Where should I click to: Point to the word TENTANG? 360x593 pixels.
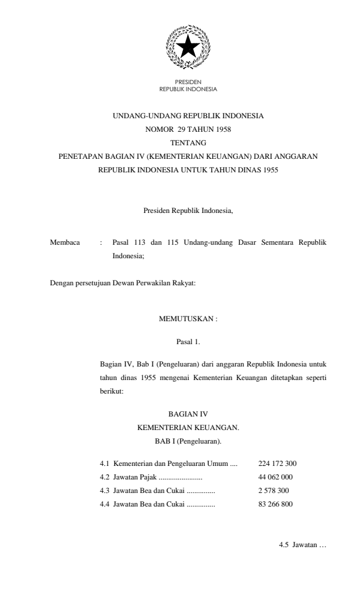point(188,143)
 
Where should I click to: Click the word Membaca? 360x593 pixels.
point(65,242)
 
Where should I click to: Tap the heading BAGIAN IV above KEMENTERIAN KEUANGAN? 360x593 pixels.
point(188,414)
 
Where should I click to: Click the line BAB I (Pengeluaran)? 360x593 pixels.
point(188,441)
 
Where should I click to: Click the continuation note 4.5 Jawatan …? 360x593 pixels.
point(302,545)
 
